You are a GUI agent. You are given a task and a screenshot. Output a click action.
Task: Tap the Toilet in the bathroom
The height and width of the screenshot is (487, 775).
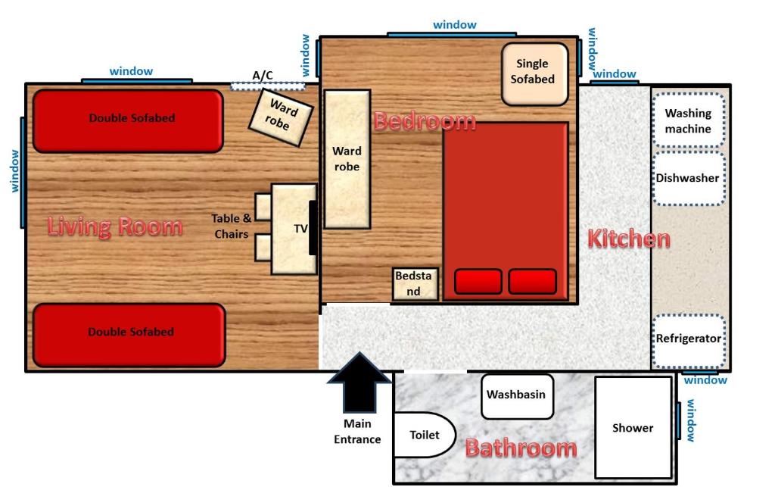point(424,435)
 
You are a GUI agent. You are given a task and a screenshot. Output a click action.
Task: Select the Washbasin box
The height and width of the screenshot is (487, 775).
point(515,395)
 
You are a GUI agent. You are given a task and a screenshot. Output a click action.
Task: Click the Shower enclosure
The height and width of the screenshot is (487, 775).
point(633,428)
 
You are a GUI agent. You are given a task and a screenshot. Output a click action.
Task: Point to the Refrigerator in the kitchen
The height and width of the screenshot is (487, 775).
point(688,339)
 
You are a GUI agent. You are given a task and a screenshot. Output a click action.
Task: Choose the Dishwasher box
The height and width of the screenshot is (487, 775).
point(688,179)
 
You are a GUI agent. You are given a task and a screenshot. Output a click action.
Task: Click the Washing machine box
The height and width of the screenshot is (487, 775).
point(688,121)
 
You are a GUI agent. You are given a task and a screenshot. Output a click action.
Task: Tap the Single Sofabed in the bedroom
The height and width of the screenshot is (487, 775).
point(534,73)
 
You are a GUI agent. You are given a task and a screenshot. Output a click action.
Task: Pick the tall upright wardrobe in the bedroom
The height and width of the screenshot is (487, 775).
point(347,159)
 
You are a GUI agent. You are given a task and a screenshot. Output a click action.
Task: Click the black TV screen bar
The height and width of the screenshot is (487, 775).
point(313,227)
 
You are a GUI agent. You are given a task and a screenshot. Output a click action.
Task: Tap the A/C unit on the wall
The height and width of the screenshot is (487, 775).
point(267,86)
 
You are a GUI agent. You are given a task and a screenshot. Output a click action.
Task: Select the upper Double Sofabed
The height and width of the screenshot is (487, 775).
point(127,120)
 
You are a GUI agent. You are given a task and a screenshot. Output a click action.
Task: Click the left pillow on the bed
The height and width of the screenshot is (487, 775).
point(478,282)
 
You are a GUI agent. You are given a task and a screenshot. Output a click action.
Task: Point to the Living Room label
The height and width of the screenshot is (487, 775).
point(115,226)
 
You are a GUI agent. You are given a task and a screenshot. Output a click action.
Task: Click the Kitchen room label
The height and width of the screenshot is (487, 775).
point(629,239)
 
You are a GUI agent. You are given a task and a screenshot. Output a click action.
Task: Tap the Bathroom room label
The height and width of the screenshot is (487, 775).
point(521,448)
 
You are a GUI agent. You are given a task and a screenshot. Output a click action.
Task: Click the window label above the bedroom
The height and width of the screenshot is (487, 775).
point(455,25)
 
